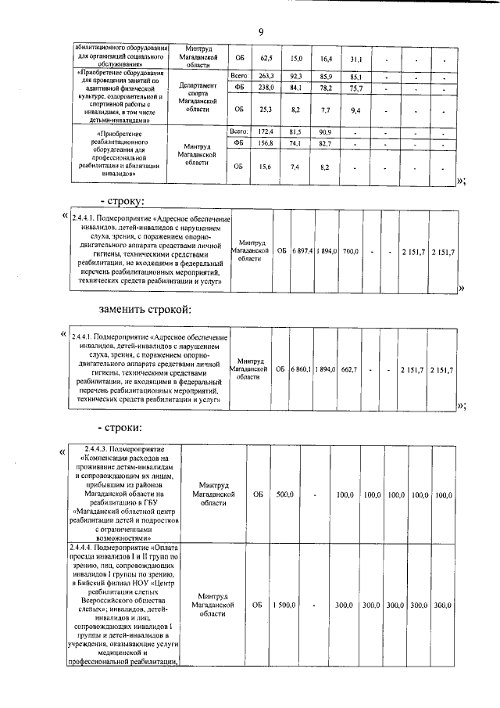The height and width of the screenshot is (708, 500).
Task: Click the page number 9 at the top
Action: pyautogui.click(x=261, y=31)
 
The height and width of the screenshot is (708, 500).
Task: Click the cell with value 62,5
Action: pyautogui.click(x=266, y=59)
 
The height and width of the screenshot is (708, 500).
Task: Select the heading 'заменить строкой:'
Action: pyautogui.click(x=145, y=310)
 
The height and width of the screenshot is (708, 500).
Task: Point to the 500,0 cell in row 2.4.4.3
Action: pyautogui.click(x=284, y=494)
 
